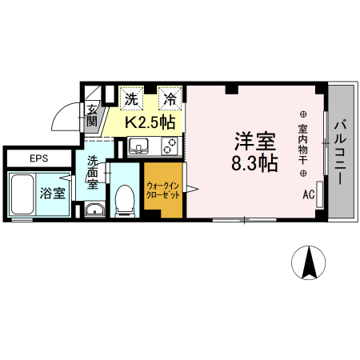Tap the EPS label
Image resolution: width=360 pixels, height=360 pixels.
point(39,158)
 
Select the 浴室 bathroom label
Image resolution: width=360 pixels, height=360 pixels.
point(53,193)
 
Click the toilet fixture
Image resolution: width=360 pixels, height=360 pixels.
point(125,199)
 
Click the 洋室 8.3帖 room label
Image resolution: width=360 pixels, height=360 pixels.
point(255,153)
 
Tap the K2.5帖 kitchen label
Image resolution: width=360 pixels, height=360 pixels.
point(149,123)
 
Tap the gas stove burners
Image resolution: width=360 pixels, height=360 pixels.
point(169,146)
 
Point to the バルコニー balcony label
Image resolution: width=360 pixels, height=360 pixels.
point(341,153)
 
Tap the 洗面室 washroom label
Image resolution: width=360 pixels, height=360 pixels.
point(94,170)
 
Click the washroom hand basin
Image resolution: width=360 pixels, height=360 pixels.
point(94,210)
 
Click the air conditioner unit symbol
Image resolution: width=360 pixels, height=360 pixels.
point(320,194)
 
